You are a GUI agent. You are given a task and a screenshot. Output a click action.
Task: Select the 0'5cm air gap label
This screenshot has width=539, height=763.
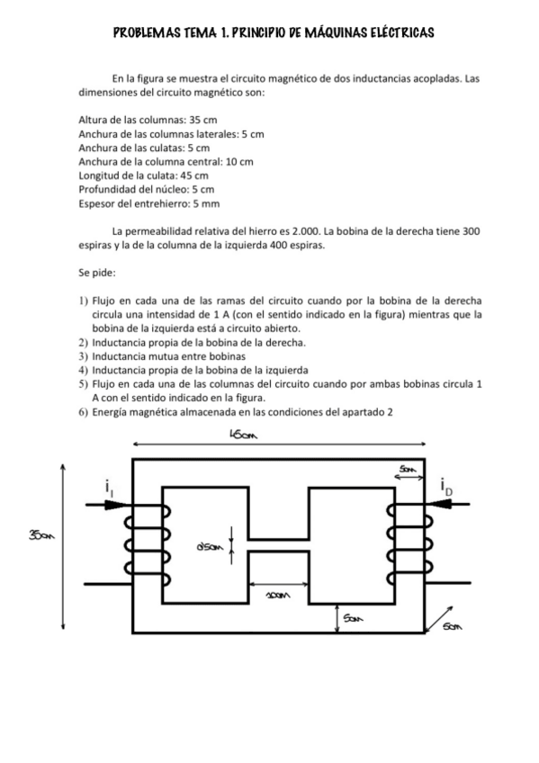coord(210,547)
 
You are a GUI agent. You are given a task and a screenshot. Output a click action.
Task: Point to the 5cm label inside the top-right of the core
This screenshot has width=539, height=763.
coord(409,468)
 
